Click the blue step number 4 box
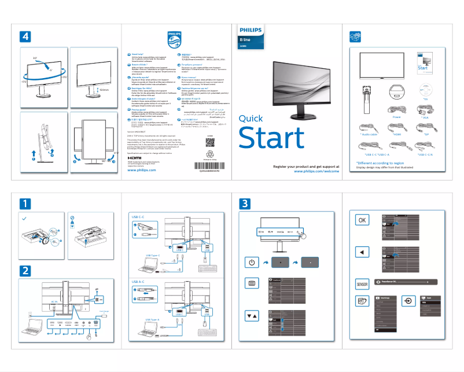coord(25,36)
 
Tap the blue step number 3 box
coord(245,204)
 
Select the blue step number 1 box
coord(25,204)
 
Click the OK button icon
coord(362,220)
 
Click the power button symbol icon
coord(251,262)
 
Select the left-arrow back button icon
coord(362,253)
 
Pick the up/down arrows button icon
coord(251,316)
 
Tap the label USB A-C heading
coord(139,282)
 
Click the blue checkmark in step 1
coord(24,219)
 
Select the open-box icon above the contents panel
coord(356,36)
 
